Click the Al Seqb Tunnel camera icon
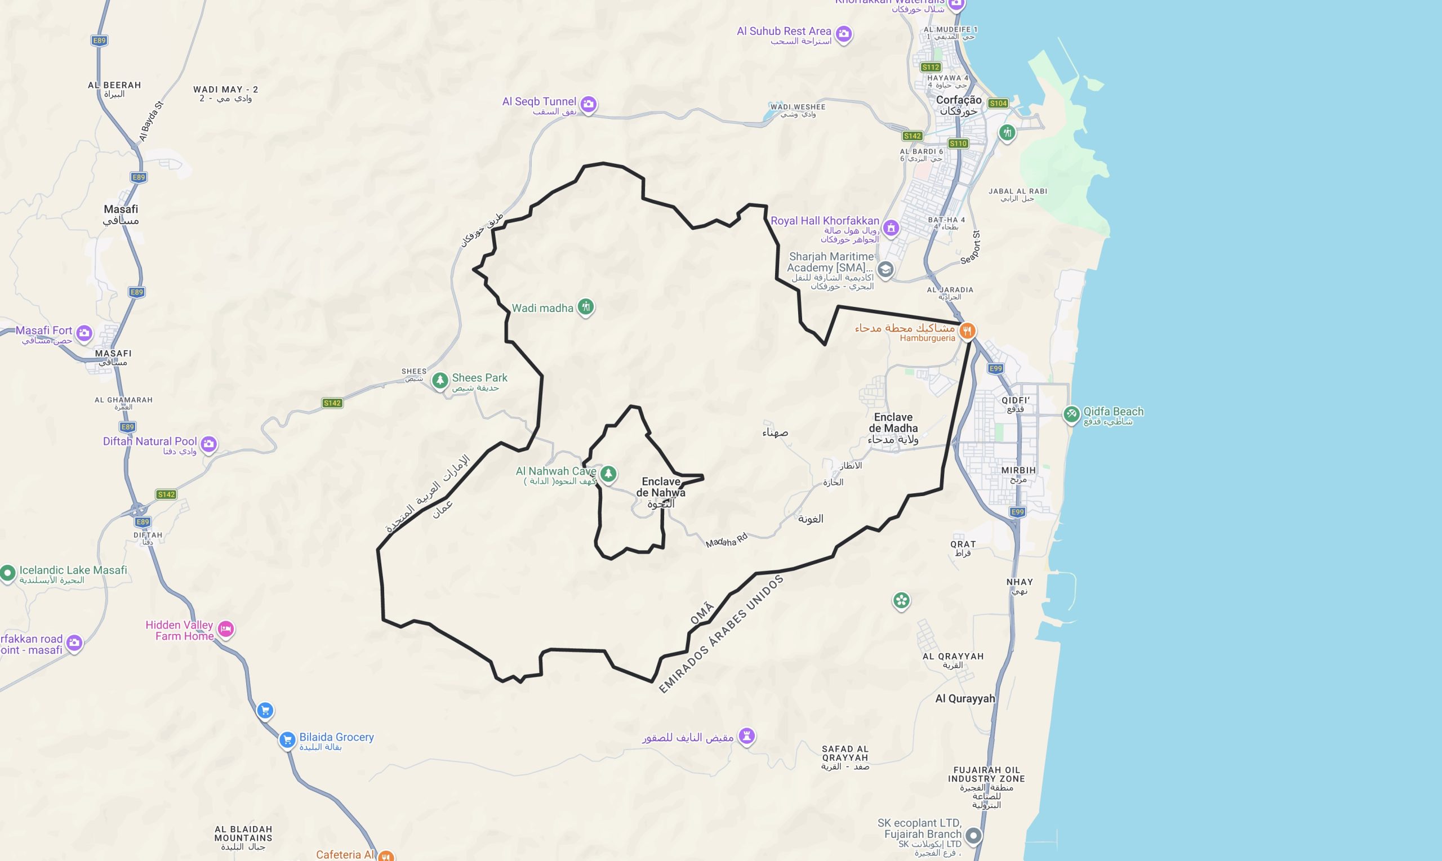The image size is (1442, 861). (589, 104)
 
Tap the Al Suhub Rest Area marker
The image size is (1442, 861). (844, 34)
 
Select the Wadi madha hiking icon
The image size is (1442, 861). (585, 306)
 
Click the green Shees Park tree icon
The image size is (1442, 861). (440, 381)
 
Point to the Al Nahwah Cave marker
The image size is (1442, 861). (608, 474)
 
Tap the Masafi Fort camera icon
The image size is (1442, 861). (84, 333)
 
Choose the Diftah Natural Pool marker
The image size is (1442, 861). (209, 444)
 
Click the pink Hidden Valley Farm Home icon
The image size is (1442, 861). (226, 629)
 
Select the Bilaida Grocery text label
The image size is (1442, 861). (337, 737)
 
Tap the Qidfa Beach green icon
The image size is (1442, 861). (1071, 414)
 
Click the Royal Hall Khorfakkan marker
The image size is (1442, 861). (891, 227)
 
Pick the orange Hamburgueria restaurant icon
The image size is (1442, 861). (967, 331)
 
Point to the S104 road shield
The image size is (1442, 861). (998, 103)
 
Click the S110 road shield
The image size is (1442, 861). (958, 143)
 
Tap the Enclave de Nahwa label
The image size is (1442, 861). (660, 487)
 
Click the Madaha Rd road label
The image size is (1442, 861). (726, 541)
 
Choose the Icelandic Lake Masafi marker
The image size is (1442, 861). (8, 573)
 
